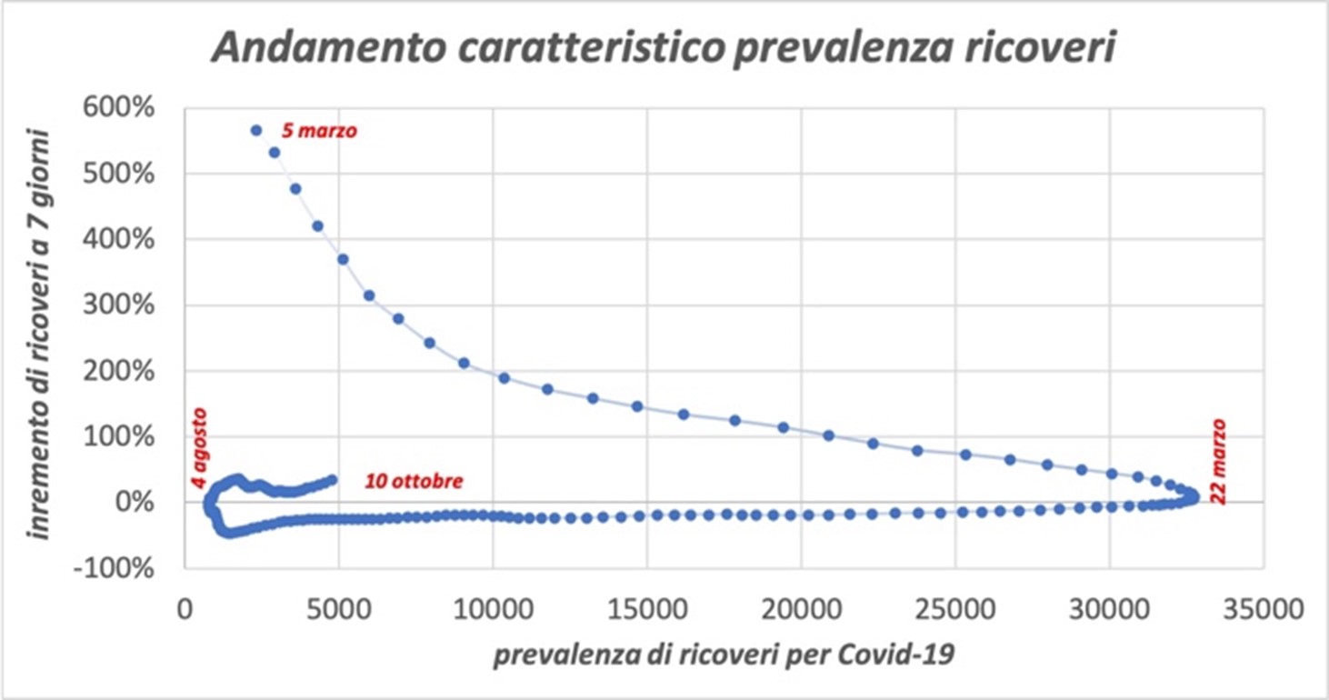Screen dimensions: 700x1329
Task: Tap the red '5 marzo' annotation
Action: point(319,131)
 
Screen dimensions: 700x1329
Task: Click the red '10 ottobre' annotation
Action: point(414,481)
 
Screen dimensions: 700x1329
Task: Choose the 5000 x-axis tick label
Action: point(338,608)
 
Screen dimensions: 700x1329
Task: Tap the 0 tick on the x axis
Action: point(185,608)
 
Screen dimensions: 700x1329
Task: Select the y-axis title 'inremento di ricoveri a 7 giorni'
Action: point(41,333)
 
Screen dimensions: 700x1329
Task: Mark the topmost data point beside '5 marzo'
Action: point(256,130)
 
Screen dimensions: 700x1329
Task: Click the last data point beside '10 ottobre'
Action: point(332,479)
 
